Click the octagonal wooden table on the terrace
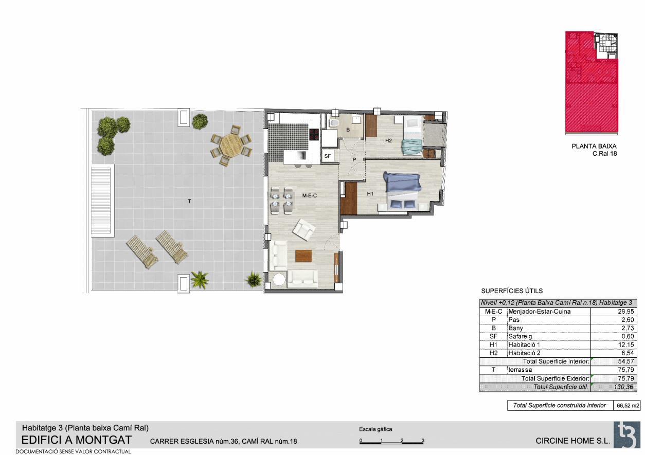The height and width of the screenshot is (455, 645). [231, 145]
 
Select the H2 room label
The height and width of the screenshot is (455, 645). [388, 141]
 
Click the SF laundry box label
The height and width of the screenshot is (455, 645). [328, 156]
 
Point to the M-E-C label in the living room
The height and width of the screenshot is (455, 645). [309, 196]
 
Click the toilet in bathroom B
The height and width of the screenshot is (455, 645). [334, 123]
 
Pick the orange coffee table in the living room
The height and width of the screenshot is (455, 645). [303, 256]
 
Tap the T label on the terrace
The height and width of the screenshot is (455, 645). [189, 201]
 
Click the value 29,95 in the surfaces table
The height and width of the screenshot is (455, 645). [625, 312]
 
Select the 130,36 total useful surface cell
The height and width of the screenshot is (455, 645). [623, 387]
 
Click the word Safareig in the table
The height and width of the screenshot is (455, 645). [520, 336]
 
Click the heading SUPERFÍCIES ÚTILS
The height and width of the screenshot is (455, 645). [512, 291]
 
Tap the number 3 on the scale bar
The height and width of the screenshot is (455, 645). [423, 440]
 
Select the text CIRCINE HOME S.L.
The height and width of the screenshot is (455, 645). [572, 441]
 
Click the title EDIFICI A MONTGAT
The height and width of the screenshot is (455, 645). [77, 440]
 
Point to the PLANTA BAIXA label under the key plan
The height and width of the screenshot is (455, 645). [594, 146]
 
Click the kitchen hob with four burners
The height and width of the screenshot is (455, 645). [314, 134]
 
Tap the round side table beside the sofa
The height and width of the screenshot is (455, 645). [279, 279]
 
